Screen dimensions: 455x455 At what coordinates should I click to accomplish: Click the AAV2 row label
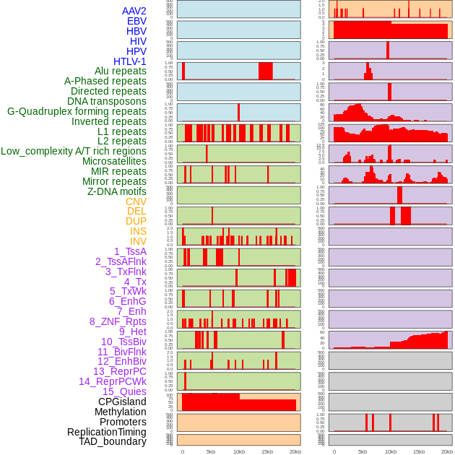[134, 11]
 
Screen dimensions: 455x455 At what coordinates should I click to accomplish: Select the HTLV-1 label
[129, 61]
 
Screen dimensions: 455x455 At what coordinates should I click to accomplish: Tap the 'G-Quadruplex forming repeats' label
[77, 111]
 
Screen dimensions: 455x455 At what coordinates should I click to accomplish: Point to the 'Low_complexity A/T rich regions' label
[74, 151]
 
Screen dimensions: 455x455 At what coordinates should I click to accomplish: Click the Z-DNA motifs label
[116, 191]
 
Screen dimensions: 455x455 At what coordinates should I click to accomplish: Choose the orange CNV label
[136, 201]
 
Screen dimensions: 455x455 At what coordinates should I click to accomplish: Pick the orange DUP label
[136, 221]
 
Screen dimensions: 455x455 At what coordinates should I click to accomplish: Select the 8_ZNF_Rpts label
[118, 321]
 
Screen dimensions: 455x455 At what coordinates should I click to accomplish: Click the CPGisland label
[122, 402]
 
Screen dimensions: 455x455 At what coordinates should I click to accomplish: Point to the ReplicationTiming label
[106, 432]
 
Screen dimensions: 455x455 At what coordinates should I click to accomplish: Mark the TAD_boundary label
[112, 441]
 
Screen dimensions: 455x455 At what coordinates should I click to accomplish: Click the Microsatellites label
[114, 161]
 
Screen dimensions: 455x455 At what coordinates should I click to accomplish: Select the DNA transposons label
[107, 101]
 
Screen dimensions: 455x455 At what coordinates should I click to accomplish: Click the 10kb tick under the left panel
[238, 451]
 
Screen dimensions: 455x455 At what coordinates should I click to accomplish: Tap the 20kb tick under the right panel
[447, 451]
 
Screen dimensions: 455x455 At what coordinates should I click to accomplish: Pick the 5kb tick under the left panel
[211, 451]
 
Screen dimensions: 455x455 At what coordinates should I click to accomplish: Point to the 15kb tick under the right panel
[419, 451]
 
